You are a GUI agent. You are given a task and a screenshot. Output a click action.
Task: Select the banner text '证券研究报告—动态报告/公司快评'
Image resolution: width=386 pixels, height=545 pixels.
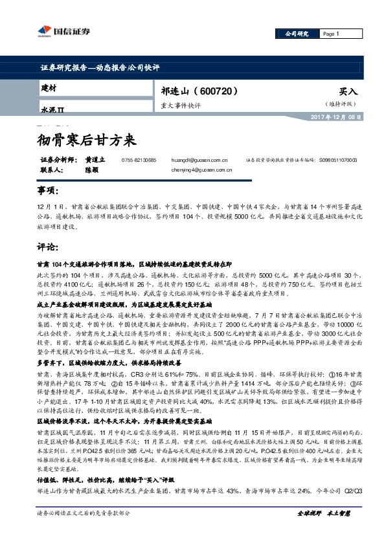coord(96,67)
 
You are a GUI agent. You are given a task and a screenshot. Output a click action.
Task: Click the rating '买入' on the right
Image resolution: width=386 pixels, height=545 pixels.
coord(348,92)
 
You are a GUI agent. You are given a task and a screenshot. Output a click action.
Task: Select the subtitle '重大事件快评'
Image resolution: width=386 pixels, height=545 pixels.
coord(181,105)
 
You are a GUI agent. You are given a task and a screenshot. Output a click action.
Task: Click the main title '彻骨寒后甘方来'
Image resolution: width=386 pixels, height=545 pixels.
coord(84,139)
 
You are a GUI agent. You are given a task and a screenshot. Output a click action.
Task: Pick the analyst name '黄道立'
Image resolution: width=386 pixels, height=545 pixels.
coord(94,159)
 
